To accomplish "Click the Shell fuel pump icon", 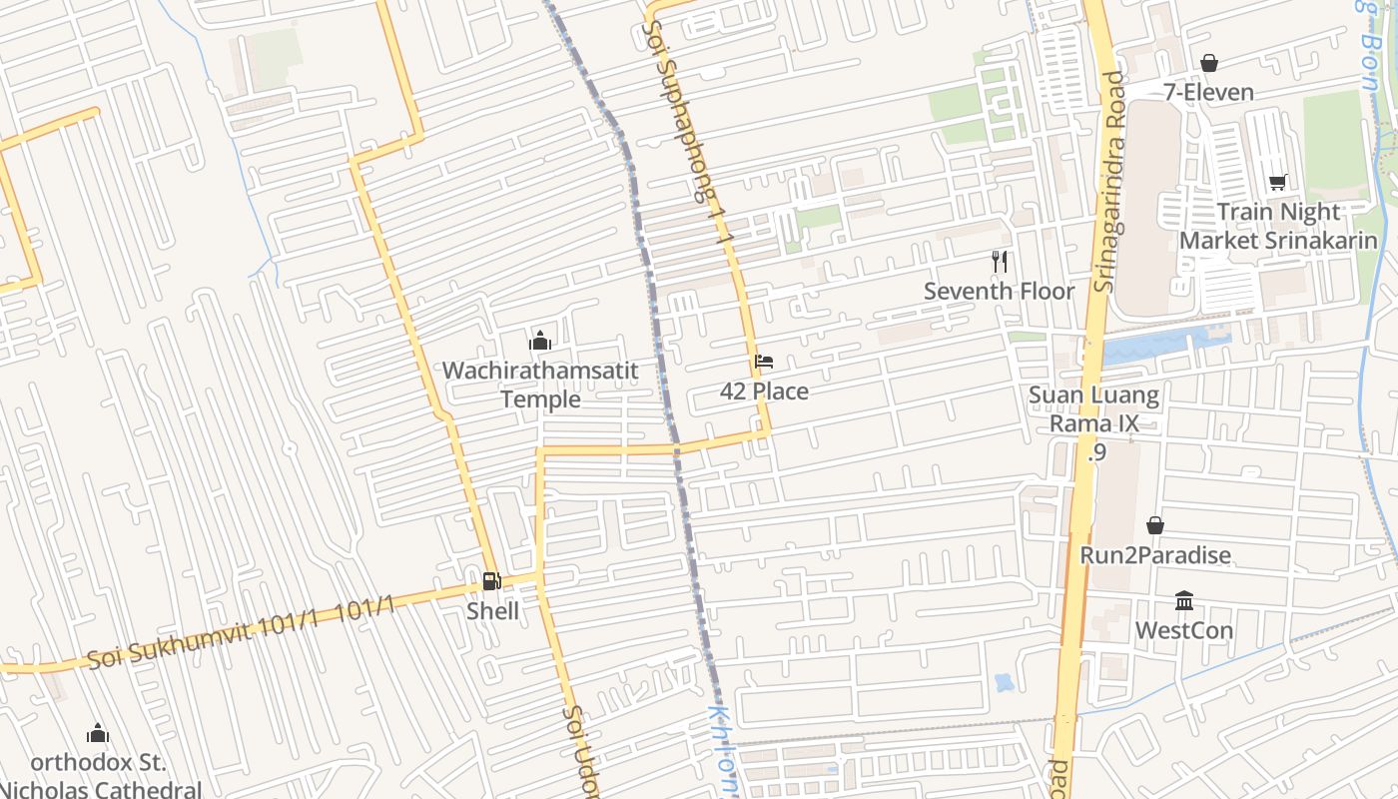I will tap(491, 580).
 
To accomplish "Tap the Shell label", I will tap(492, 610).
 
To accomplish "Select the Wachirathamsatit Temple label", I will tap(540, 385).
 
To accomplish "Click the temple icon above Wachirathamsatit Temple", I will tap(540, 341).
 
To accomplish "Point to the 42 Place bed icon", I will tap(764, 361).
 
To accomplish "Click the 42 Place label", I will tap(764, 392).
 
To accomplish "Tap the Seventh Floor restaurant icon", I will tap(1000, 262).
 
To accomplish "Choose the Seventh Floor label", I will tap(999, 292).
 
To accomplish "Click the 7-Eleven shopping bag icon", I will tap(1208, 63).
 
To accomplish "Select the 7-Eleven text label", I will tap(1208, 93).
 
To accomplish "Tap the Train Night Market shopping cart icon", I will tap(1277, 182).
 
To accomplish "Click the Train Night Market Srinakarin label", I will tap(1278, 227).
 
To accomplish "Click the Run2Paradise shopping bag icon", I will tap(1155, 525).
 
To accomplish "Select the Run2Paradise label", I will tap(1155, 555).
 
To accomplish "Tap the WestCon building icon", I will tap(1184, 600).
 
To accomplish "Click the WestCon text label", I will tap(1184, 631).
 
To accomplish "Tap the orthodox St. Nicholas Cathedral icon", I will tap(97, 734).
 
